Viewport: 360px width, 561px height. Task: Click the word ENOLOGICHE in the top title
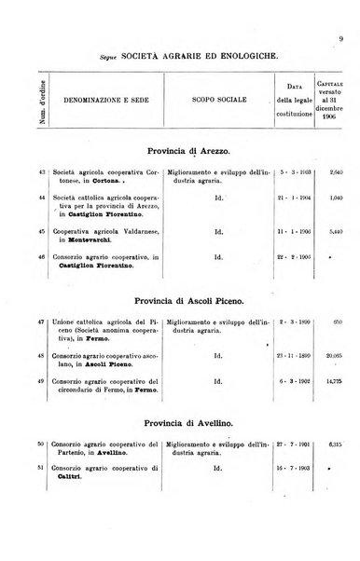[242, 57]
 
